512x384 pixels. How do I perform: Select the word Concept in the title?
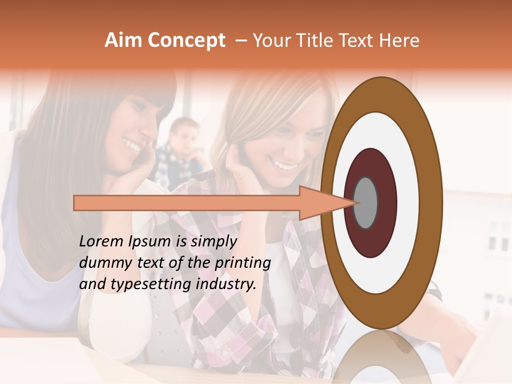(186, 41)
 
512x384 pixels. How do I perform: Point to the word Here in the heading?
(400, 41)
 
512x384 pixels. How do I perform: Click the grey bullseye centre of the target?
(366, 203)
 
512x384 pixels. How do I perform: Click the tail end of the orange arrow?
(76, 203)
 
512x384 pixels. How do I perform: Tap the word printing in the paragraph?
(242, 263)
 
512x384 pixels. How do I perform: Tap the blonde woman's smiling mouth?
(285, 164)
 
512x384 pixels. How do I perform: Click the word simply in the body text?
(213, 242)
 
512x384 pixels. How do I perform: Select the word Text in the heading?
(361, 41)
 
